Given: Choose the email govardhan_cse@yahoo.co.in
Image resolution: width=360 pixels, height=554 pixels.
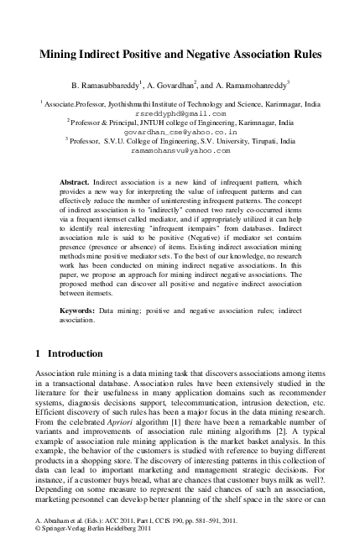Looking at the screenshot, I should [180, 132].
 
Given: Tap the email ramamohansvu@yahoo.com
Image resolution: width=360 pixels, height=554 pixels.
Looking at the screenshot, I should [180, 152].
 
